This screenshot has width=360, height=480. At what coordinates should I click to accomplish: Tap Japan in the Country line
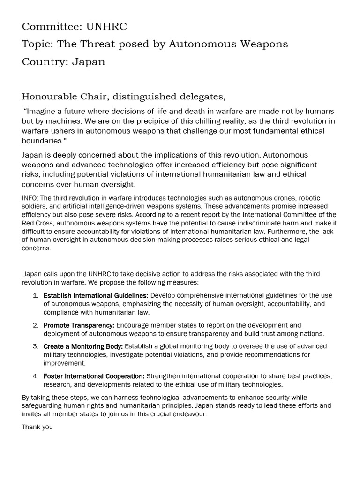click(89, 62)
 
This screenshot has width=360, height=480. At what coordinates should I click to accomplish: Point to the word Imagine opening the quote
click(43, 111)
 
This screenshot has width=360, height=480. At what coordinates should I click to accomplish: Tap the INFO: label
click(30, 198)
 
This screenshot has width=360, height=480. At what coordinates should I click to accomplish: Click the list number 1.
click(35, 295)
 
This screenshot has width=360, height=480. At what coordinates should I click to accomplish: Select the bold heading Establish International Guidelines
click(96, 295)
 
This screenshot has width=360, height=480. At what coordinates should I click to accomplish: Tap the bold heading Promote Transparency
click(79, 325)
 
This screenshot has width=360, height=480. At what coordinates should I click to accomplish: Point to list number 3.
click(35, 346)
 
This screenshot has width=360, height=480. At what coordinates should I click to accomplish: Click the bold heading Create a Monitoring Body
click(83, 346)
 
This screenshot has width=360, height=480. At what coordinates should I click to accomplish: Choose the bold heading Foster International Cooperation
click(94, 376)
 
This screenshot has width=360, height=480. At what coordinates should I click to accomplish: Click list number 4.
click(35, 376)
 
